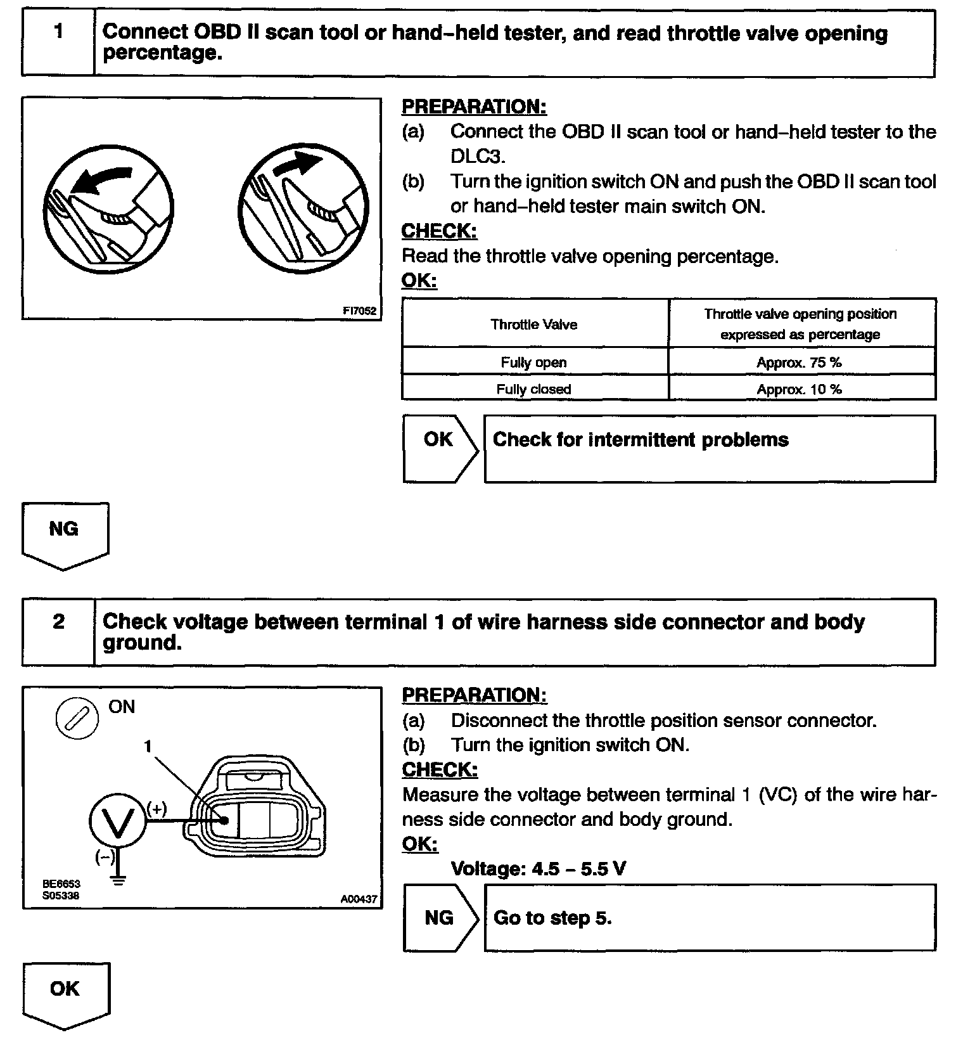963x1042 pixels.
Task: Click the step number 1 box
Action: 58,42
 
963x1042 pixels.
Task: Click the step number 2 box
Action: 58,631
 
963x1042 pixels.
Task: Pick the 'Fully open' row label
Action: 534,362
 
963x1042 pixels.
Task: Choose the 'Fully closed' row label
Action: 534,389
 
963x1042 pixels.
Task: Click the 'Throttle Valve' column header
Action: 534,325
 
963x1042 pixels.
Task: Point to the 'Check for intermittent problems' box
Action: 710,448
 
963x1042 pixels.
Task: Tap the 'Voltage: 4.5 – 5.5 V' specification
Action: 539,868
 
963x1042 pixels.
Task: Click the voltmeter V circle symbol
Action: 118,821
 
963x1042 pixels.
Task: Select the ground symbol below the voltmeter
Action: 118,879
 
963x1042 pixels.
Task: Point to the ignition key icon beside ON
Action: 77,718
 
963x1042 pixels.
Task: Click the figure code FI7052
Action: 359,311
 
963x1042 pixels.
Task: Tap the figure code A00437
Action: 358,898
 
